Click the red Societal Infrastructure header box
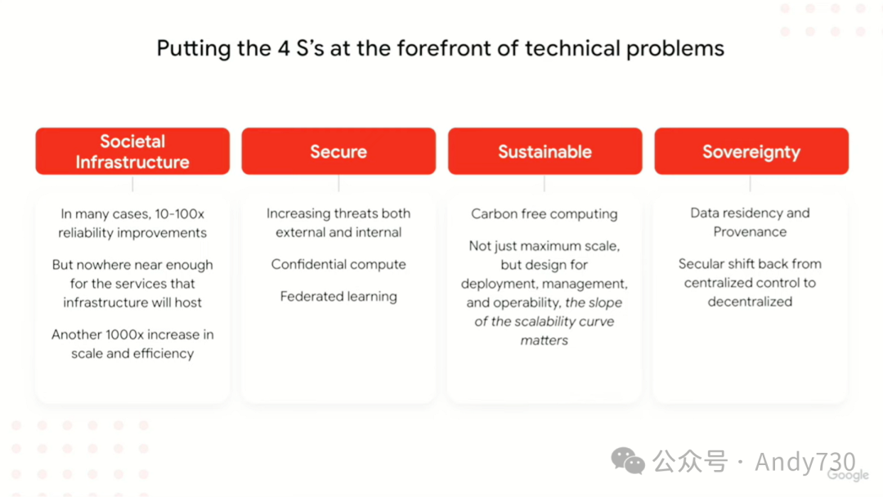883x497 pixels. (132, 151)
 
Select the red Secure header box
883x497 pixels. (338, 151)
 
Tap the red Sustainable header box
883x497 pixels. (545, 151)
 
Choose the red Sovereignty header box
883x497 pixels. (751, 151)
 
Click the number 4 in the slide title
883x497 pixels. (283, 48)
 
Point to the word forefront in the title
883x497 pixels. (444, 48)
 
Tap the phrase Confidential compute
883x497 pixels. (338, 265)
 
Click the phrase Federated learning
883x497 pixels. (338, 297)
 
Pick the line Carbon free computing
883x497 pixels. (545, 214)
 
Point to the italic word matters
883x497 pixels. (544, 341)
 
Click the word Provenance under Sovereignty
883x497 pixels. (750, 232)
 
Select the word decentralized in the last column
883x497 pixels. (750, 302)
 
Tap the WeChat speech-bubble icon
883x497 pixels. (628, 461)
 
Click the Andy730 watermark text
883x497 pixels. (805, 462)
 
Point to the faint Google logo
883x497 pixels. (848, 475)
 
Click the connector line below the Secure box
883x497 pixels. (338, 183)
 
